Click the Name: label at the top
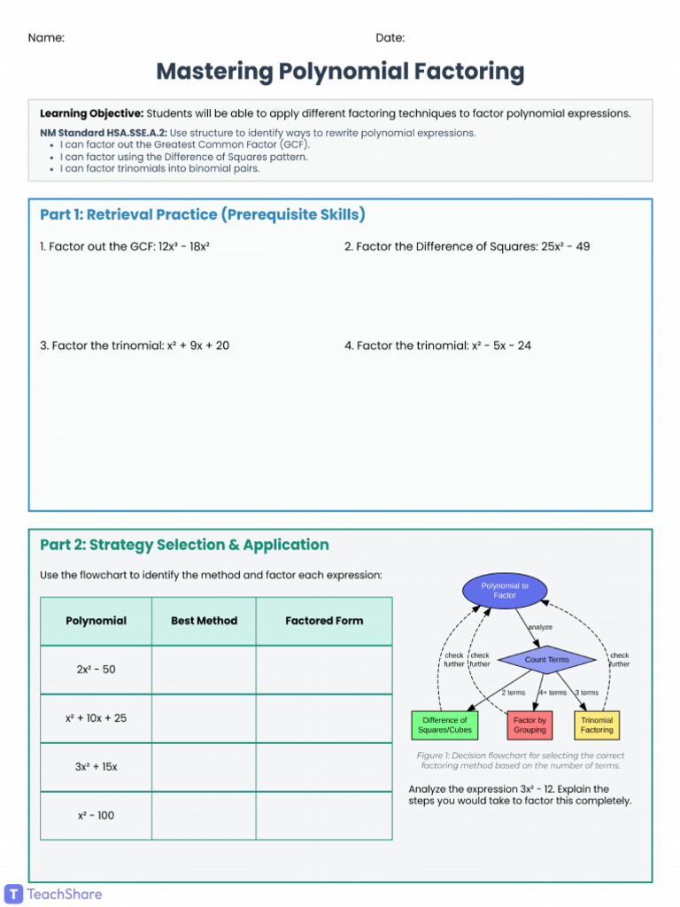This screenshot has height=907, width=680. click(46, 38)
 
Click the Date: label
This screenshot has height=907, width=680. click(390, 38)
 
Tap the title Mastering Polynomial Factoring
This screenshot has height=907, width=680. click(340, 72)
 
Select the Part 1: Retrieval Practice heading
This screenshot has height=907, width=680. click(203, 215)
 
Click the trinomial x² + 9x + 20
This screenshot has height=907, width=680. click(197, 345)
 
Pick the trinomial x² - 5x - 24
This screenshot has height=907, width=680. click(498, 345)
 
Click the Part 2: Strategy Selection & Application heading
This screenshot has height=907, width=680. click(184, 545)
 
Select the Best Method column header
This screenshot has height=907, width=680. click(204, 621)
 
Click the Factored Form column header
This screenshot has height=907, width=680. click(324, 621)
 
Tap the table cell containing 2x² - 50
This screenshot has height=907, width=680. click(96, 670)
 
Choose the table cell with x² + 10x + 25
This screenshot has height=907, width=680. click(96, 718)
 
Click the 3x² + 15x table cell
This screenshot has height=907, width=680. click(96, 767)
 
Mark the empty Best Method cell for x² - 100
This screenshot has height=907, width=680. click(204, 816)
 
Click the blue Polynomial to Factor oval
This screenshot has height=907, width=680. click(505, 591)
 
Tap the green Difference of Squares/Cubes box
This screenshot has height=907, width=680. click(444, 725)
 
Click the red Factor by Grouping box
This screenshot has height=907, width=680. click(529, 725)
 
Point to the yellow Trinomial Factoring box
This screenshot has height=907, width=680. click(597, 725)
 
